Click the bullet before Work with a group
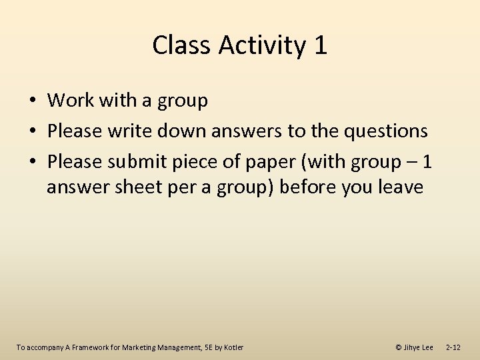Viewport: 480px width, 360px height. pyautogui.click(x=31, y=101)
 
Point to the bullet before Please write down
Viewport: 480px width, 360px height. pyautogui.click(x=31, y=131)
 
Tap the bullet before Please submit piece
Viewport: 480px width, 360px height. pyautogui.click(x=31, y=162)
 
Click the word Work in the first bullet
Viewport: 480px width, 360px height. pyautogui.click(x=71, y=101)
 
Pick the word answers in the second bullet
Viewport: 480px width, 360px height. pyautogui.click(x=247, y=131)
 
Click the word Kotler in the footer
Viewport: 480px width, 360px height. pyautogui.click(x=233, y=347)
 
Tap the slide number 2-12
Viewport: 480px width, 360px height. pyautogui.click(x=453, y=347)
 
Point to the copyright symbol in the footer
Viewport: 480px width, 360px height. pyautogui.click(x=398, y=347)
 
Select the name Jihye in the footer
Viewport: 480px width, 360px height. pyautogui.click(x=413, y=347)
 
